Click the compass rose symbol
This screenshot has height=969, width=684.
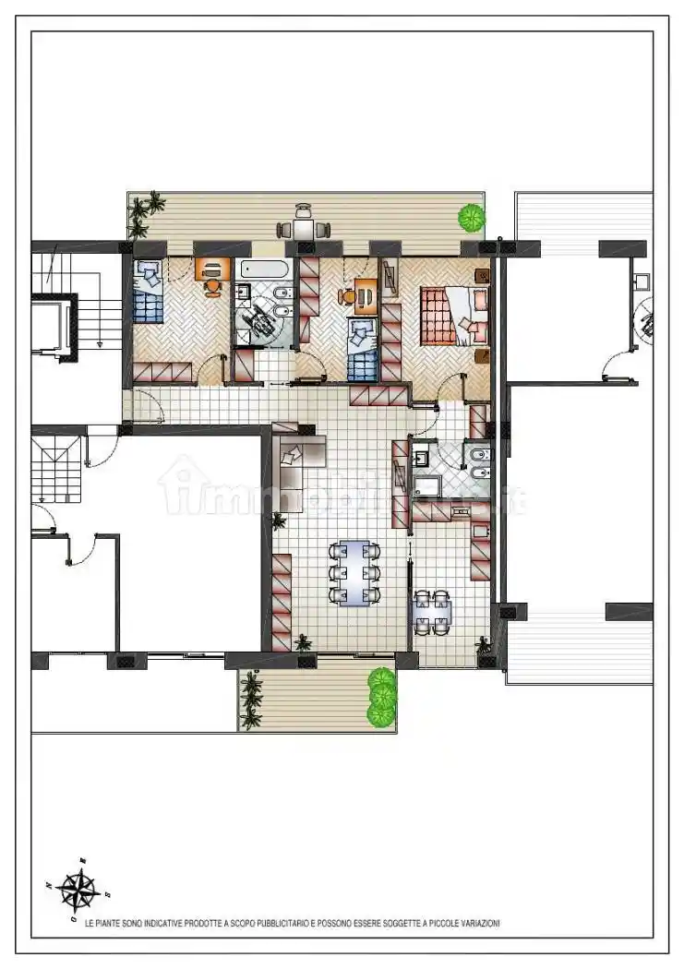point(78,890)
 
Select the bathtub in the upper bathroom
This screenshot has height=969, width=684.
point(265,269)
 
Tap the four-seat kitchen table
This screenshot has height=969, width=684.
point(432,612)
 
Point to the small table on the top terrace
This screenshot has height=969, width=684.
point(304,229)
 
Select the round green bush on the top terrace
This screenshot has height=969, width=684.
point(472,217)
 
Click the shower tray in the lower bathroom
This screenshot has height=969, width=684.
point(428,487)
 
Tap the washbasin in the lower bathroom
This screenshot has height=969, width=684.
point(424,456)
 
